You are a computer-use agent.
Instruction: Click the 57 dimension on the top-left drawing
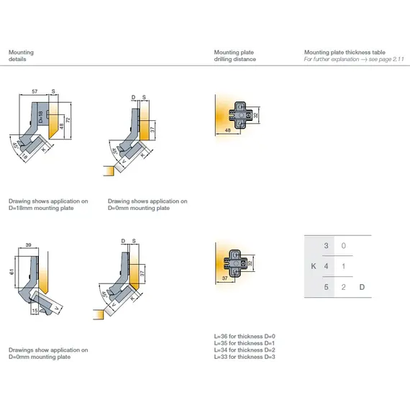pos(35,92)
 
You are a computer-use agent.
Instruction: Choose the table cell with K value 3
pos(327,246)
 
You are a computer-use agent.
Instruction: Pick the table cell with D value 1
pos(344,267)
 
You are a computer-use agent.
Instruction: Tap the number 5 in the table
pos(327,288)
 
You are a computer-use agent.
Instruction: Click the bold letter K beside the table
pos(312,267)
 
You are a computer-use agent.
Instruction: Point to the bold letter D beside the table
pos(363,288)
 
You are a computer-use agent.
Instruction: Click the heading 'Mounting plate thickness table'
pos(345,53)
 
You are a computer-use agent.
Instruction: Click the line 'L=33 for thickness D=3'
pos(245,357)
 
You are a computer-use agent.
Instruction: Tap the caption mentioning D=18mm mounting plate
pos(48,204)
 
